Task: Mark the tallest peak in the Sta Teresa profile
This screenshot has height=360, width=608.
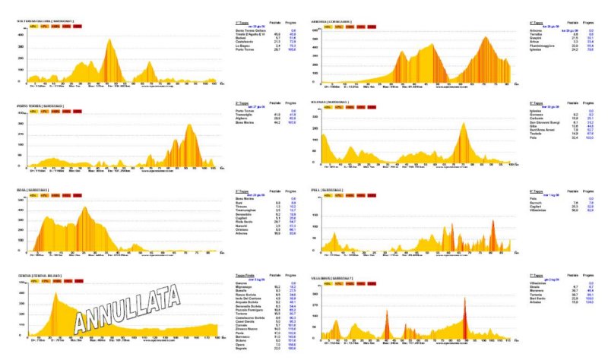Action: (109, 40)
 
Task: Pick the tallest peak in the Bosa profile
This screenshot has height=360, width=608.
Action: (84, 207)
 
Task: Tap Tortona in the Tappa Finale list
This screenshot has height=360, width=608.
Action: (244, 313)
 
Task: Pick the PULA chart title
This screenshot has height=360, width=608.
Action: (334, 190)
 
